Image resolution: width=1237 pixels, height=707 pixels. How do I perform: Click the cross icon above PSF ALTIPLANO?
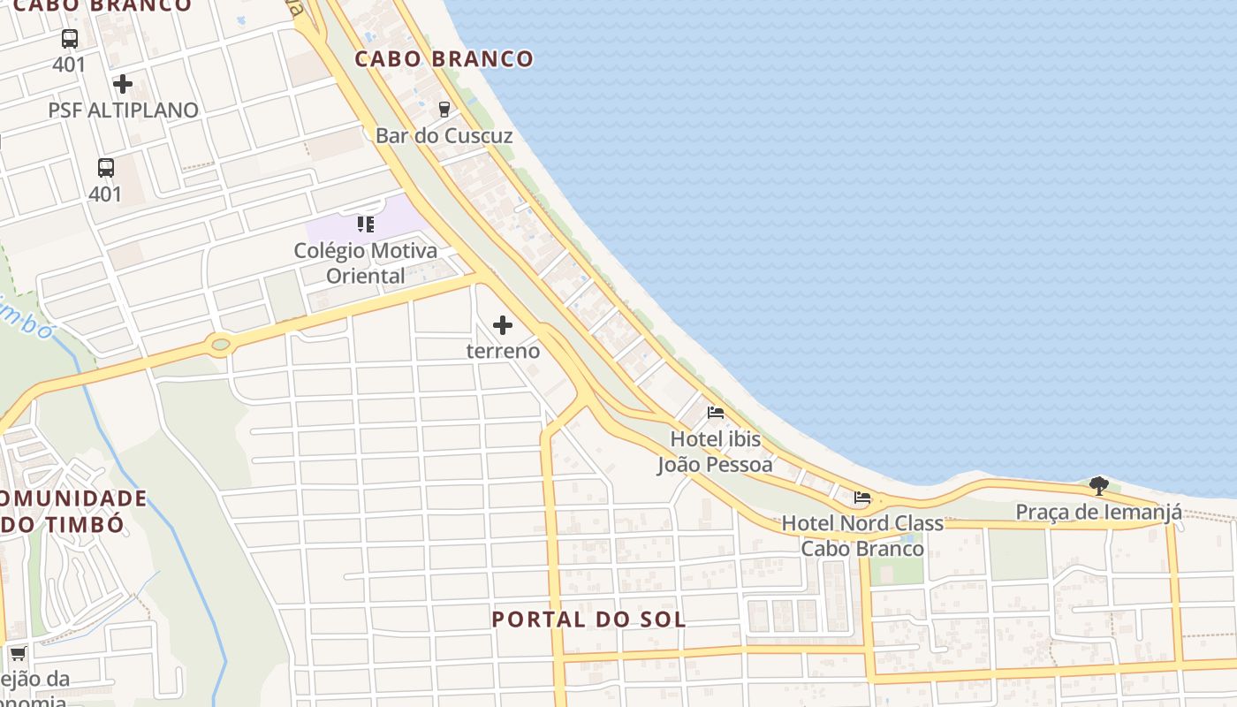click(x=123, y=84)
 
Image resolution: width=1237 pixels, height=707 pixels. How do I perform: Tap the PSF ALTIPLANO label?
click(x=123, y=110)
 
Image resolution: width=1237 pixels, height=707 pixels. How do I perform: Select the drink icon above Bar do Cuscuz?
click(x=444, y=110)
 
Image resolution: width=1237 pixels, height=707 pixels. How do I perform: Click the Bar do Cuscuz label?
click(x=444, y=136)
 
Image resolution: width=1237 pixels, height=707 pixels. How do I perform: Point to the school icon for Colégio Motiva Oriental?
click(x=366, y=224)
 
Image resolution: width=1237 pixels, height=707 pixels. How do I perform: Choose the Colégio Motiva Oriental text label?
click(x=366, y=263)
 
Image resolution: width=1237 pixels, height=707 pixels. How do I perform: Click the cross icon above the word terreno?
click(x=503, y=325)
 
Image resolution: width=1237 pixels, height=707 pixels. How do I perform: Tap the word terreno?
click(x=503, y=351)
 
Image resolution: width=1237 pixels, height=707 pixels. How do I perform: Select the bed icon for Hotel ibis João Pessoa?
click(x=716, y=413)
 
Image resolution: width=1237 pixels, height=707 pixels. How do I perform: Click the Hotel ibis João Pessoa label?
click(x=715, y=452)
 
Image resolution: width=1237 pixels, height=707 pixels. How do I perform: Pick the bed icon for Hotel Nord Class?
click(x=862, y=498)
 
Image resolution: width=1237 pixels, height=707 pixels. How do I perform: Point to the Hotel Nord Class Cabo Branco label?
click(x=862, y=536)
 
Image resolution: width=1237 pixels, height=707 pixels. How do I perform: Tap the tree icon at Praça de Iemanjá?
click(x=1098, y=485)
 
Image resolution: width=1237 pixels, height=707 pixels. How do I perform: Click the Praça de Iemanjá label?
click(x=1098, y=512)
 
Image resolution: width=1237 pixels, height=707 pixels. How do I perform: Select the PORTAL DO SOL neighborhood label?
click(x=588, y=620)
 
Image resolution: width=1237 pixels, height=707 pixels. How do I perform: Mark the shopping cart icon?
click(x=18, y=654)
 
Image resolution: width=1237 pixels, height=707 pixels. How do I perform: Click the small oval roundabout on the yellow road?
click(x=221, y=344)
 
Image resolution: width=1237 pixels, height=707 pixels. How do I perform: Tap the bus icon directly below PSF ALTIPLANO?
click(x=105, y=167)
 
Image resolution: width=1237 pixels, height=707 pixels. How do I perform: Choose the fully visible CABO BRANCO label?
click(x=444, y=59)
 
